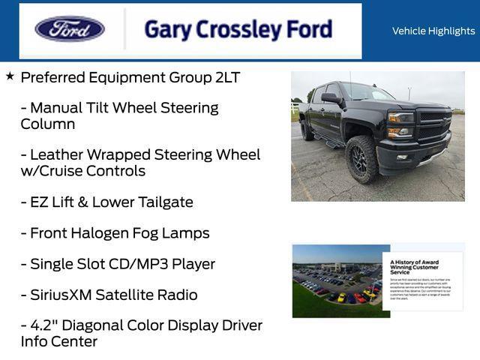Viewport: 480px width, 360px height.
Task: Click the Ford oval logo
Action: (x=70, y=29)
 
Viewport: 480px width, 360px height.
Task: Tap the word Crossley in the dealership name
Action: (x=237, y=30)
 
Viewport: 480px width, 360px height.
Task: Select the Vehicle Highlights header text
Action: (x=433, y=31)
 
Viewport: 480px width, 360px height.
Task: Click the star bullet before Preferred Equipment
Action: (x=10, y=76)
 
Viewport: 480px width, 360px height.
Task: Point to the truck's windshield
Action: (x=366, y=93)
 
